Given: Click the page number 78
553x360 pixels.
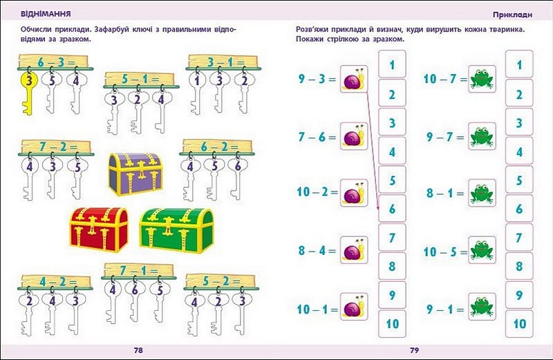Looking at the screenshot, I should tap(138, 350).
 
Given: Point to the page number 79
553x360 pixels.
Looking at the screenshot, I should tap(415, 350).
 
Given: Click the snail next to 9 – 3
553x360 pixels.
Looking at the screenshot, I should tap(353, 80).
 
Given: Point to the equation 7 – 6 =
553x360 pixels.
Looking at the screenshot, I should tap(316, 138).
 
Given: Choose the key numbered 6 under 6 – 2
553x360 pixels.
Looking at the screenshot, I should tap(238, 167).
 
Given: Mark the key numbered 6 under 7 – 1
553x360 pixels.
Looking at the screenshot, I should tap(136, 291).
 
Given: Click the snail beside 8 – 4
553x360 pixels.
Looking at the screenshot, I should tap(353, 251).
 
